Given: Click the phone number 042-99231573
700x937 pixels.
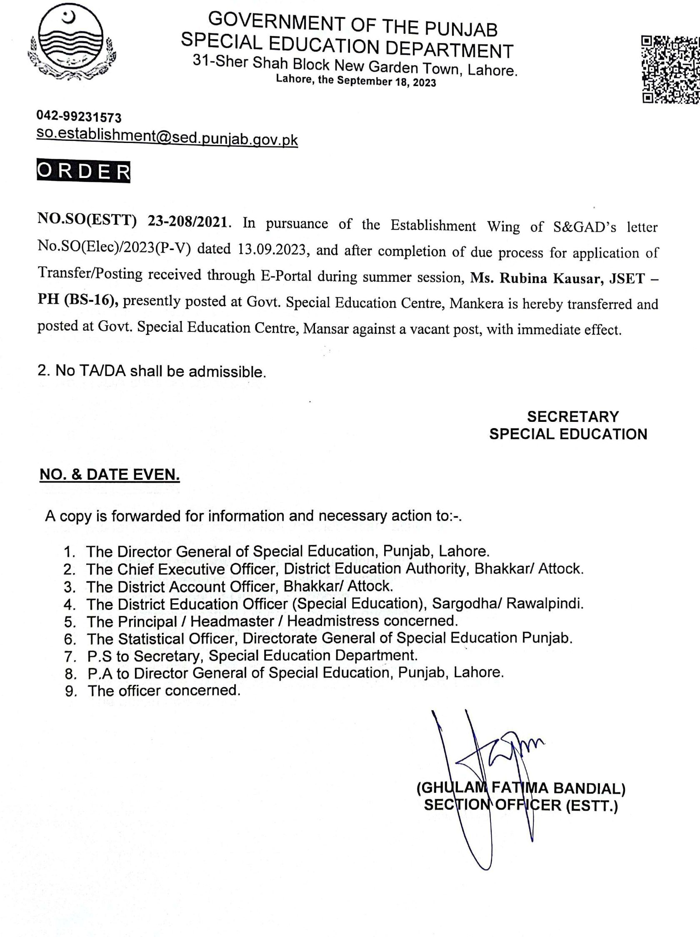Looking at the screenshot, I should point(79,116).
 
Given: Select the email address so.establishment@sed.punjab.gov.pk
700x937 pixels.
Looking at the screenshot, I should point(167,136).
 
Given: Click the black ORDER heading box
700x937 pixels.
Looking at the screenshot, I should point(83,172).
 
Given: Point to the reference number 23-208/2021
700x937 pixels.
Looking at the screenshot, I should point(187,221).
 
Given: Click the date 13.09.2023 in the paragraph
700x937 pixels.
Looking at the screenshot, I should point(271,249).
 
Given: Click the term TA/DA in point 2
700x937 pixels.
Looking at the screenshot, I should point(101,371).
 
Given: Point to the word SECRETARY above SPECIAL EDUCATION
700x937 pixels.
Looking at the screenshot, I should point(572,417).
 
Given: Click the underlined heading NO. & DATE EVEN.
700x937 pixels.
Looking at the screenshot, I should point(110,475).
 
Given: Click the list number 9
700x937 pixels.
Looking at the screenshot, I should point(71,691).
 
